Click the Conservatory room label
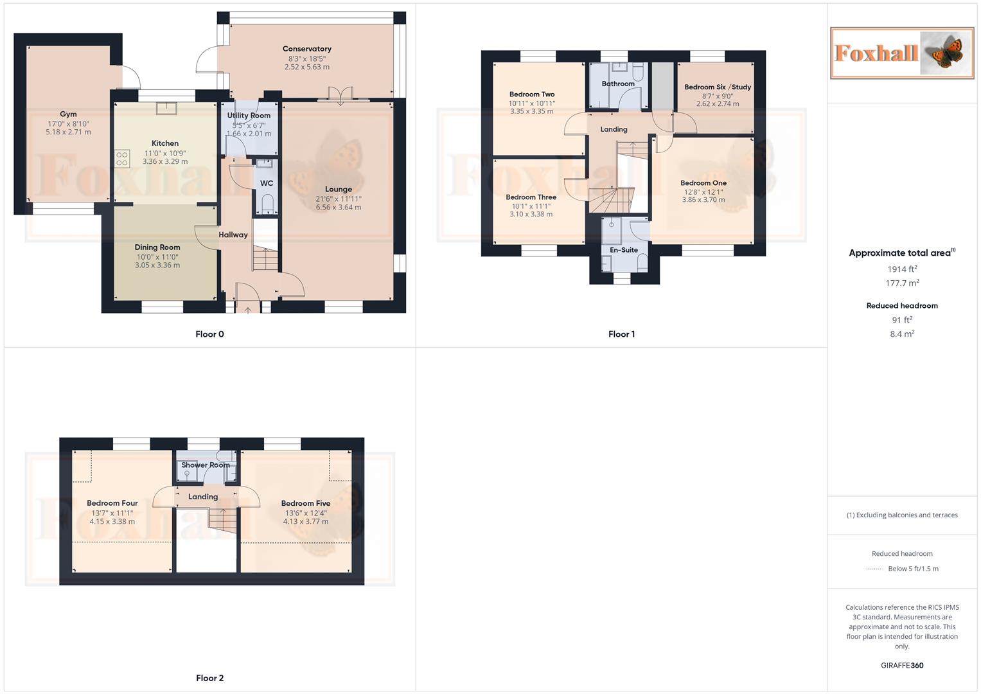[x=307, y=49]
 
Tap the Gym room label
[x=68, y=114]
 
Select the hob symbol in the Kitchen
[x=122, y=158]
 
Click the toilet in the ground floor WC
[x=267, y=204]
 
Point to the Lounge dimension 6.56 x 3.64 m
[x=339, y=208]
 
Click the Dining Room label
[x=157, y=247]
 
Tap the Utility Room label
[x=249, y=116]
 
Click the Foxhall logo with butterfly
[x=902, y=53]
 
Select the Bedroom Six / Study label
[x=718, y=87]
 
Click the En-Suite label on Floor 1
[x=624, y=250]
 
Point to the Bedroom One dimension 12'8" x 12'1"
[x=703, y=191]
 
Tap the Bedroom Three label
[x=531, y=197]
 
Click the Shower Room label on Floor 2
[x=206, y=465]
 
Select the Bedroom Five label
[x=306, y=504]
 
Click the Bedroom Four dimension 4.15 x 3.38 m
[x=112, y=522]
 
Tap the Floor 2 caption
[x=210, y=678]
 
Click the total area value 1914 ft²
[x=902, y=269]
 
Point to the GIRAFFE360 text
[x=902, y=666]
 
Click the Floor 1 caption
[x=621, y=334]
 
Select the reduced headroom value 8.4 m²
[x=902, y=334]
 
